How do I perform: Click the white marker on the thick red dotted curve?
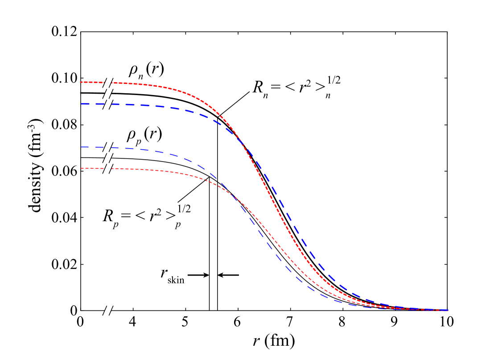108,83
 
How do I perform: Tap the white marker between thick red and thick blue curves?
108,94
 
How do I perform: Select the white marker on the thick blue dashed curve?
108,104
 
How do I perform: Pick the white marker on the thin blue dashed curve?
108,147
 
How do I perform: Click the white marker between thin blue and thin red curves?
108,158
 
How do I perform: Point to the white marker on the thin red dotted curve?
108,169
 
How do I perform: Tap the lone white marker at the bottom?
108,310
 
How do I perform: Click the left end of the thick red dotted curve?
81,82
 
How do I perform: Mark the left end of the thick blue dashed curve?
82,104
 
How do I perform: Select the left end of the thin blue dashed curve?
82,147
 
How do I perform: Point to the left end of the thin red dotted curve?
82,168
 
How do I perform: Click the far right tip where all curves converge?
447,310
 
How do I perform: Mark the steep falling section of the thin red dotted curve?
272,236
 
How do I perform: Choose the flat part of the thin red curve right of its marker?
134,169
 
